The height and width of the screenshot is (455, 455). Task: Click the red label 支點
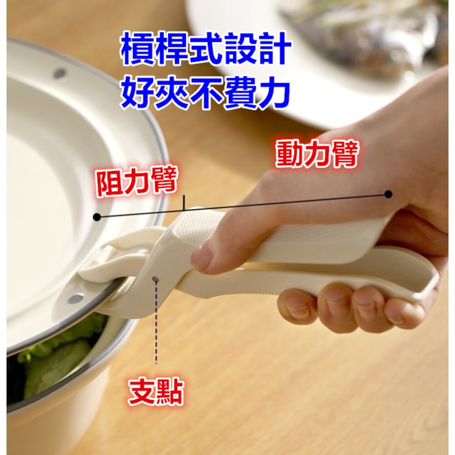(x=156, y=392)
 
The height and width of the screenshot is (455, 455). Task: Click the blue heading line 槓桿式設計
(x=206, y=49)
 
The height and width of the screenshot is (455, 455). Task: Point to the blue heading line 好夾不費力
(x=206, y=92)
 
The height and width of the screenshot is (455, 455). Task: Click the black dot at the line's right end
(x=388, y=194)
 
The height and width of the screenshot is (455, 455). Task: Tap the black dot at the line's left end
(x=97, y=217)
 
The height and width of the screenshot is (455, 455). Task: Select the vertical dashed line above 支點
(x=156, y=322)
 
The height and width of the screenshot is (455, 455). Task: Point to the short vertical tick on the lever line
(x=184, y=202)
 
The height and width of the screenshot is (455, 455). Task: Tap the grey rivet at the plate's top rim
(x=60, y=73)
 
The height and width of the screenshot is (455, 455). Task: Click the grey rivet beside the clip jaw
(x=76, y=299)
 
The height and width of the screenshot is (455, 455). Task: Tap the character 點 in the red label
(x=170, y=392)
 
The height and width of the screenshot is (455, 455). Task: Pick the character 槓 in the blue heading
(x=136, y=49)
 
